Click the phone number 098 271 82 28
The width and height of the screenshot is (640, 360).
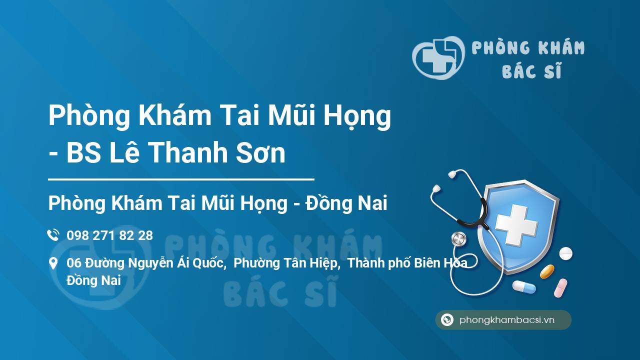[x=109, y=235]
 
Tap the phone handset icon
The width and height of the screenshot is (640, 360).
[x=53, y=235]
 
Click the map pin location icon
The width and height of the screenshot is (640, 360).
[x=53, y=263]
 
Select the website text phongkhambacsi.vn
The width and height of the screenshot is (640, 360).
[x=507, y=320]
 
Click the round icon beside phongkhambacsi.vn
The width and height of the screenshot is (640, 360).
[x=447, y=319]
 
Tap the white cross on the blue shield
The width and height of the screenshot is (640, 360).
[x=516, y=225]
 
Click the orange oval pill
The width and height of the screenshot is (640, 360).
[x=547, y=271]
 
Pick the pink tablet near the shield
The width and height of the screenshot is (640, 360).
[x=560, y=288]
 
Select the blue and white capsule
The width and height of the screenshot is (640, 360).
[x=524, y=287]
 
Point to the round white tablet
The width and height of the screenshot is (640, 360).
[x=565, y=253]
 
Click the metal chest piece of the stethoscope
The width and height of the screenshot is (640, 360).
[x=459, y=239]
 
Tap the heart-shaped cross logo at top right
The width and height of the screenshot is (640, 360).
[x=438, y=57]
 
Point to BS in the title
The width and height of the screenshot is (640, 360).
[x=83, y=153]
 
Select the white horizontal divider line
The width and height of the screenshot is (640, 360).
[x=181, y=179]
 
